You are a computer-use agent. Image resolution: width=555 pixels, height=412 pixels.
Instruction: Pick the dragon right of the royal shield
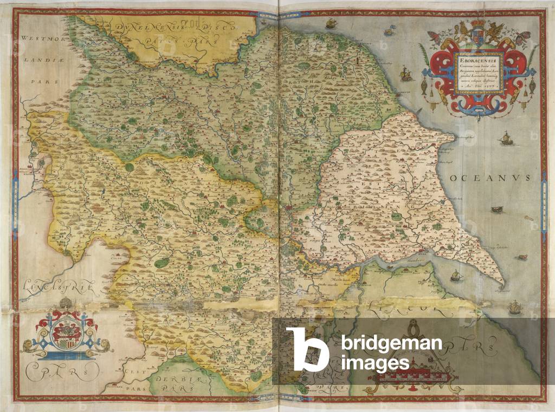(494, 34)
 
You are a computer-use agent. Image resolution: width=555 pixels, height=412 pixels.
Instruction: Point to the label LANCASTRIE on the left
(51, 286)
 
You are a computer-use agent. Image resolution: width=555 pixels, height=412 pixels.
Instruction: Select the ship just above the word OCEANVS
(506, 139)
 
